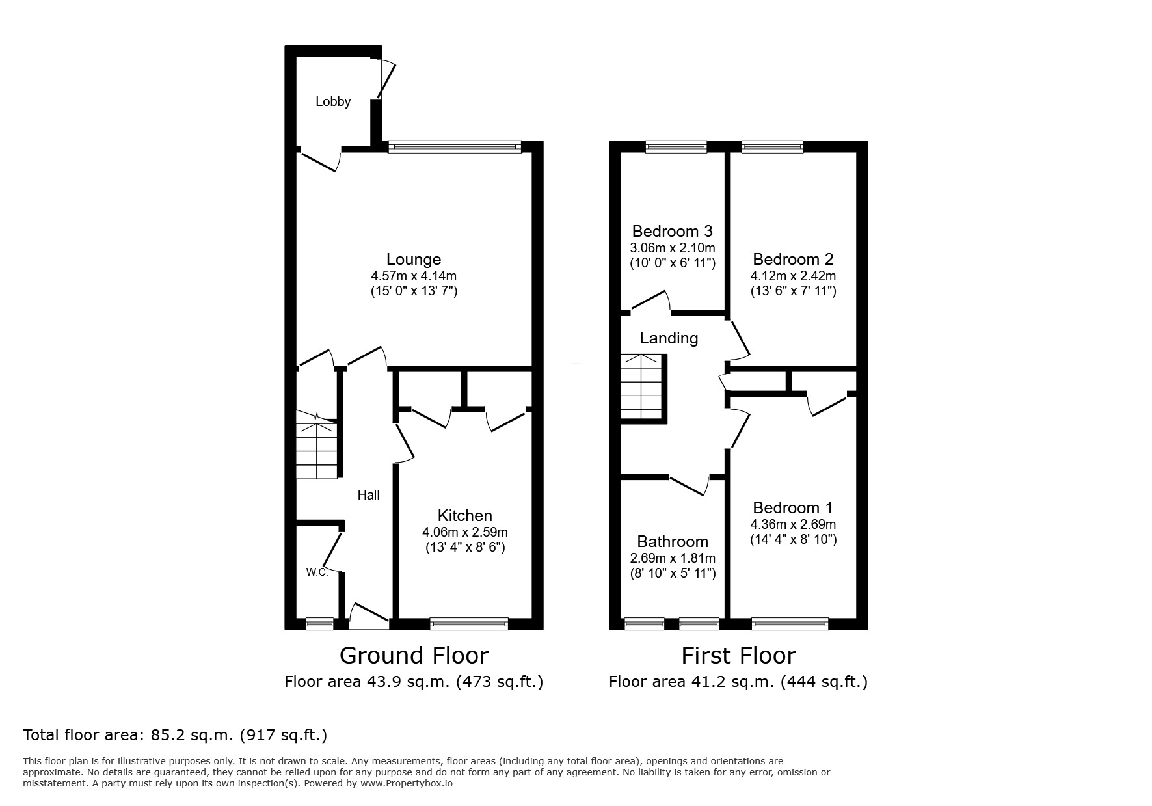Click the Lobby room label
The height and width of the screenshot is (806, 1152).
(x=333, y=101)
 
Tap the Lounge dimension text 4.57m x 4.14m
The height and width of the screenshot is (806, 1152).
(x=414, y=276)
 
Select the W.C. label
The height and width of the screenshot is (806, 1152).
(x=317, y=572)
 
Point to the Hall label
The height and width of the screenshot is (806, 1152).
(x=368, y=495)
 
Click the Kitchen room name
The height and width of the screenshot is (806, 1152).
(x=464, y=516)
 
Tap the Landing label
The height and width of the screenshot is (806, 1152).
(x=669, y=338)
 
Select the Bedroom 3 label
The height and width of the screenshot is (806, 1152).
(x=672, y=231)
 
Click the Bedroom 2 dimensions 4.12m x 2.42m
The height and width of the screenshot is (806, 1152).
(x=793, y=276)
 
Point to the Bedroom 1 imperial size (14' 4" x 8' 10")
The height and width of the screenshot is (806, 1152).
(x=793, y=539)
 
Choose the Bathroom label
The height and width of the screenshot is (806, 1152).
(x=672, y=542)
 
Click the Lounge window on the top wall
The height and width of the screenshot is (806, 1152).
(x=455, y=148)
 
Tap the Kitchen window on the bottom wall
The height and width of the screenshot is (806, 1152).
(x=468, y=624)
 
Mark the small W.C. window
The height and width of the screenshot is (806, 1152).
(x=319, y=624)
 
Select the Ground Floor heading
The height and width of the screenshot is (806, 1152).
(x=414, y=655)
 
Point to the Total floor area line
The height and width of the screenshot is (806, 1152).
(x=175, y=735)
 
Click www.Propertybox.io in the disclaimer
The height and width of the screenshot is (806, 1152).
(x=406, y=783)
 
